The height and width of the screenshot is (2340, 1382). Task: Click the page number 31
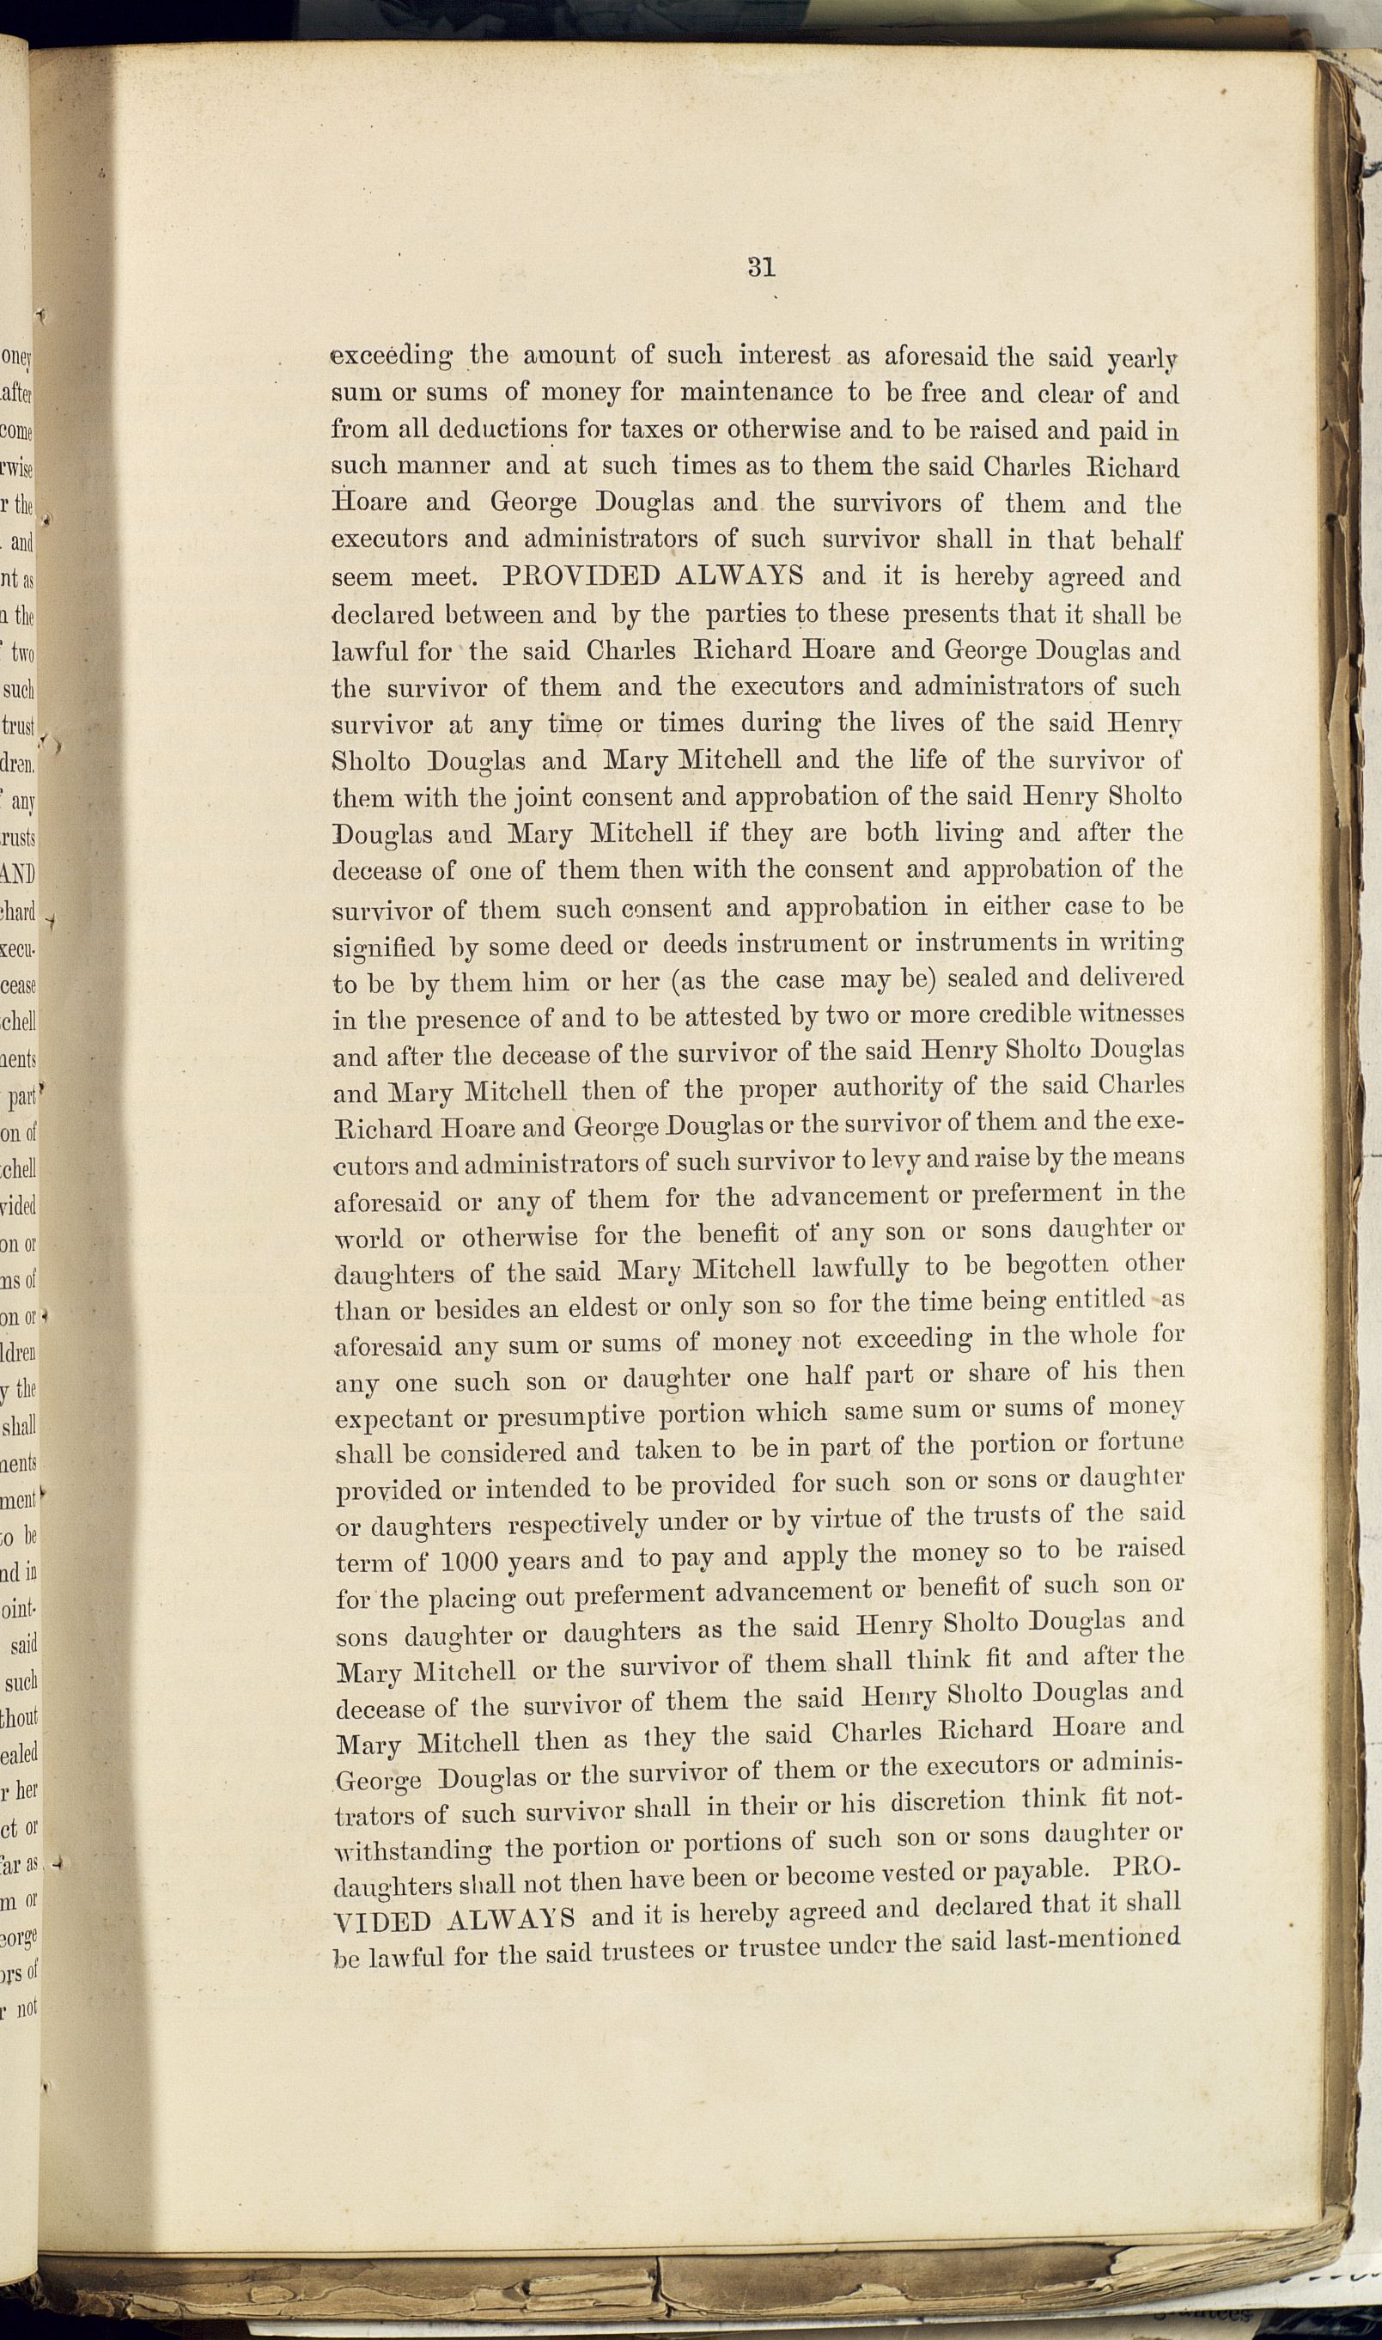click(761, 268)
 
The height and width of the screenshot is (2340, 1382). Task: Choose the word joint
click(539, 797)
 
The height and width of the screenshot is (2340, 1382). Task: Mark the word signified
click(384, 948)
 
